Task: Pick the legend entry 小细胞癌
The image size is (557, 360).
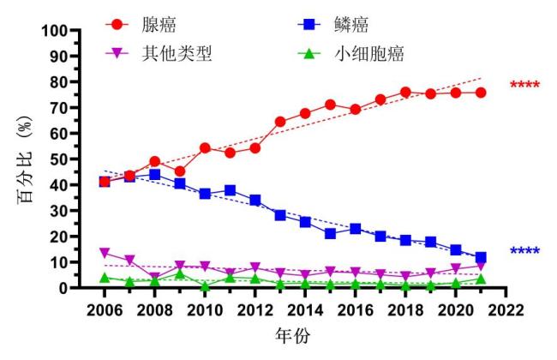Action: point(368,55)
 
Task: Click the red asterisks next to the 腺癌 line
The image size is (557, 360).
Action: point(524,86)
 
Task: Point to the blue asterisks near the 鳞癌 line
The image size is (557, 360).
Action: point(524,252)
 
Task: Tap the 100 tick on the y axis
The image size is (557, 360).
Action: point(54,31)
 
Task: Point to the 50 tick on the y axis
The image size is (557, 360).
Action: point(58,159)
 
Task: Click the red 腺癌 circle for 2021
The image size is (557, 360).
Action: point(481,93)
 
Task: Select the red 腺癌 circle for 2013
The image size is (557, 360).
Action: point(280,122)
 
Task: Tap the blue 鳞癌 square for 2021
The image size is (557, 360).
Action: point(481,257)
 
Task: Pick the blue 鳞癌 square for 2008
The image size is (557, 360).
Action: point(155,175)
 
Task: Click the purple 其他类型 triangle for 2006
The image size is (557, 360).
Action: point(105,253)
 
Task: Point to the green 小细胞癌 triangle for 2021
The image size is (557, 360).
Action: point(481,279)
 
